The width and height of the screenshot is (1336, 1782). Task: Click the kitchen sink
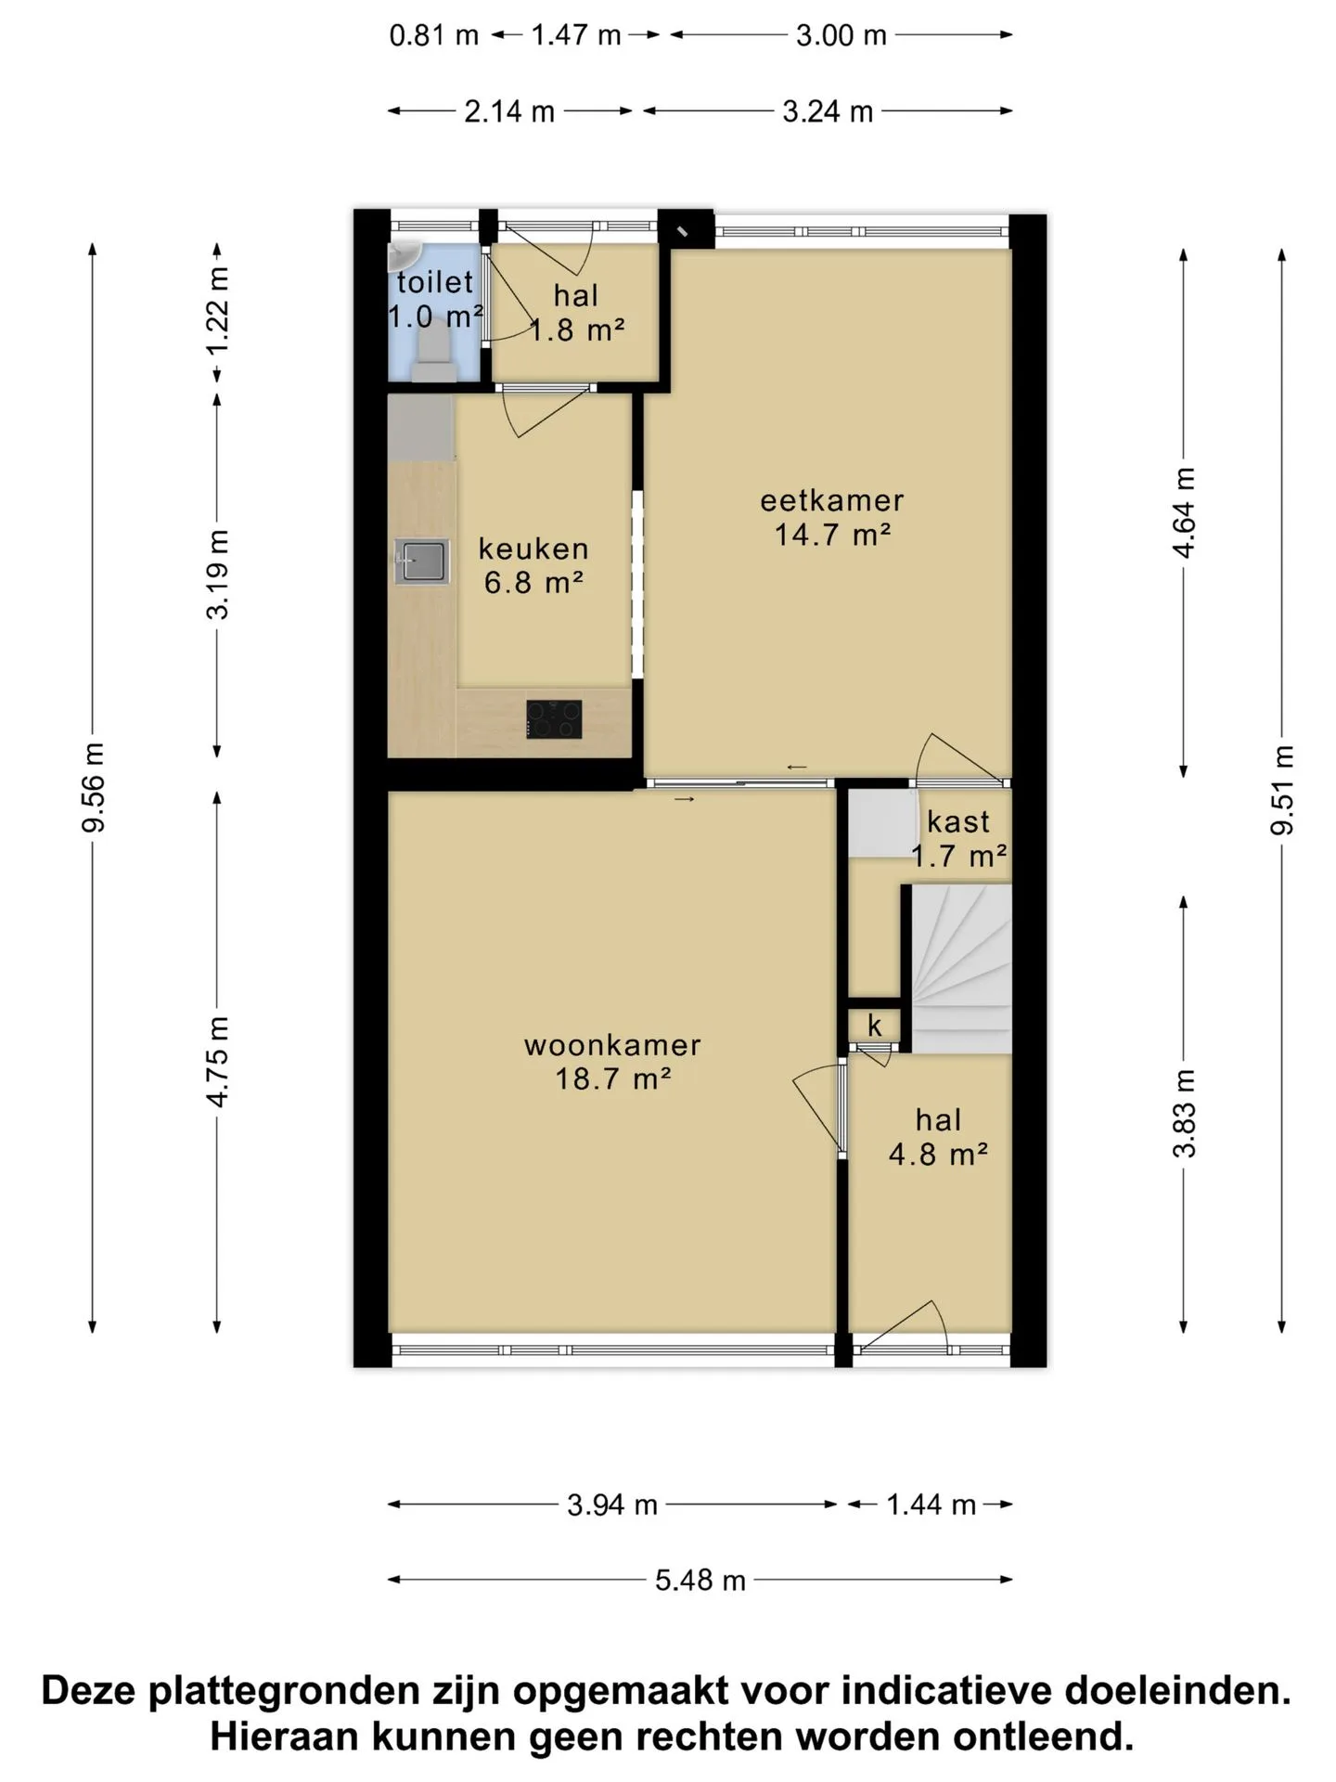coord(422,562)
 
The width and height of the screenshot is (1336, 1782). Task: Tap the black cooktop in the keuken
coord(554,719)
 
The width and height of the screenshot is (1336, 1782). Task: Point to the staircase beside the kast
coord(960,968)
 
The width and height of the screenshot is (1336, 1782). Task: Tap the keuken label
coord(533,549)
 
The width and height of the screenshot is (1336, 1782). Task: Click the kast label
coord(958,821)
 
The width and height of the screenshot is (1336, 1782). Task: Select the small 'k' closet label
coord(875,1025)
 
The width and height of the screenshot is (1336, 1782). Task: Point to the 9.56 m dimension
coord(94,787)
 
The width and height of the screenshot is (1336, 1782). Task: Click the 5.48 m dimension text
coord(700,1580)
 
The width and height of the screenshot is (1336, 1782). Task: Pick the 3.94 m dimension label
coord(612,1504)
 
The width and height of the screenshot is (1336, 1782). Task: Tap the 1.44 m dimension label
coord(931,1504)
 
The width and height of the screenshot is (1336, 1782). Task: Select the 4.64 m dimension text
coord(1184,512)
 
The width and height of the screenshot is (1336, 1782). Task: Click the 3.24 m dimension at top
coord(828,111)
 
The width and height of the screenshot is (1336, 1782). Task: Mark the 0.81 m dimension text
coord(434,36)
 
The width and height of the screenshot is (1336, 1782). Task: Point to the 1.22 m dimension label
coord(217,311)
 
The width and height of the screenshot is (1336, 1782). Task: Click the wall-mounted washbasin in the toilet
coord(404,252)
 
